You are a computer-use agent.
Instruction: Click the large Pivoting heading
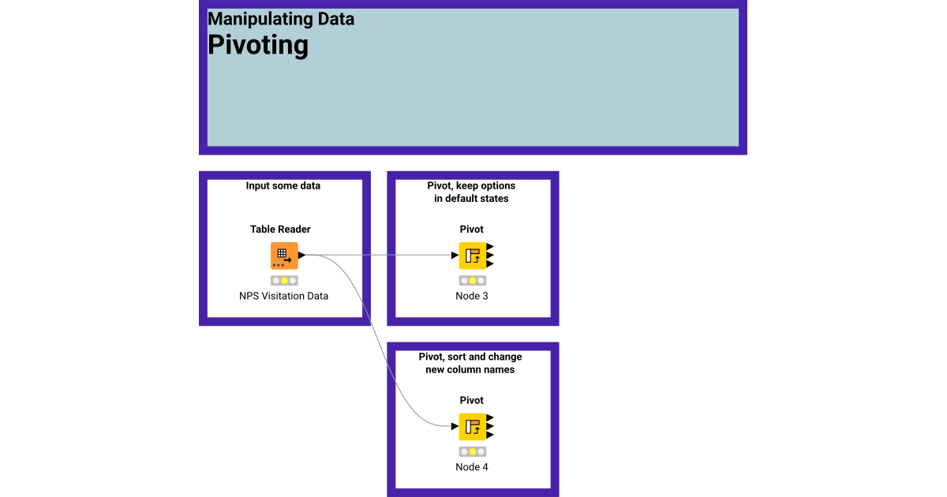click(257, 45)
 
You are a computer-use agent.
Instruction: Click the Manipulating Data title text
click(281, 19)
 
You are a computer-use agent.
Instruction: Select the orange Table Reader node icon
click(283, 256)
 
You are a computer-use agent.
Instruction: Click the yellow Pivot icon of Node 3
click(472, 256)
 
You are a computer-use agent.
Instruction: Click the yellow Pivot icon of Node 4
click(472, 427)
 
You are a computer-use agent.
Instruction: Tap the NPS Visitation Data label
click(283, 296)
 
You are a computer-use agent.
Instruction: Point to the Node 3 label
click(472, 296)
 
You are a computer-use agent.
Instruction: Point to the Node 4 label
click(472, 467)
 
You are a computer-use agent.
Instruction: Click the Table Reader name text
click(280, 230)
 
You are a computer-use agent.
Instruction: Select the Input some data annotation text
click(283, 186)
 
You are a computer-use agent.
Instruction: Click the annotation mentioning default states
click(471, 192)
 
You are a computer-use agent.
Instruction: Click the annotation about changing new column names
click(470, 363)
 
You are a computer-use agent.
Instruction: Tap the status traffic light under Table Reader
click(283, 280)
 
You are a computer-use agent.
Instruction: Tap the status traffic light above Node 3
click(472, 280)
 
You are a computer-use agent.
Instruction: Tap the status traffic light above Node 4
click(472, 451)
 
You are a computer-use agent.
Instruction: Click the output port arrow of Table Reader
click(301, 256)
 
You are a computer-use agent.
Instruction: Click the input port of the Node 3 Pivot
click(454, 256)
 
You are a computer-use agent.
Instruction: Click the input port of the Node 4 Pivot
click(454, 427)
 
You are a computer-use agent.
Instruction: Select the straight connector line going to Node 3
click(379, 256)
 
